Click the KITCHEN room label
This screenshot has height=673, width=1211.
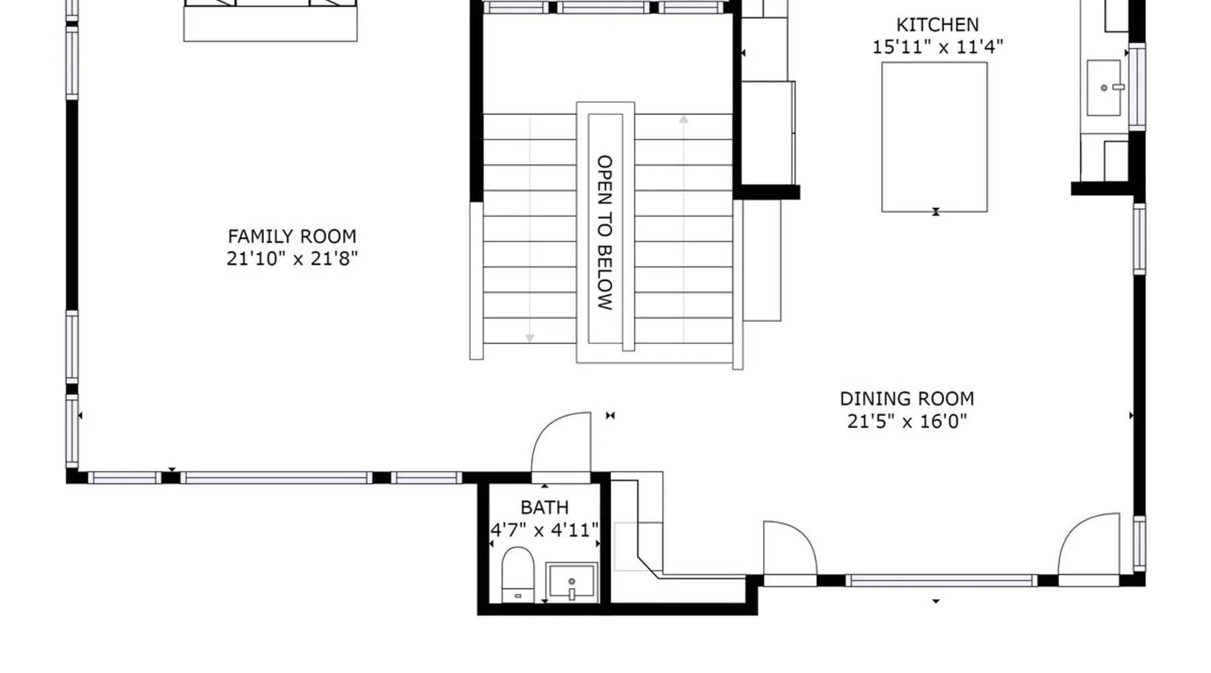[x=937, y=25]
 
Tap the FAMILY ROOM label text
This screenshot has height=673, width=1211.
[x=292, y=237]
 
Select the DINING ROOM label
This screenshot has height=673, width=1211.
[x=907, y=399]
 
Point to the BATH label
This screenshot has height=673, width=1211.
[x=544, y=507]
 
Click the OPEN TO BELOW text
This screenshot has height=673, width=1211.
[x=605, y=232]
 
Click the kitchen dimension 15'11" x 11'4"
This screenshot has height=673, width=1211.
[x=938, y=47]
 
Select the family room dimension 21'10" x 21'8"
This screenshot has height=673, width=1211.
[x=292, y=258]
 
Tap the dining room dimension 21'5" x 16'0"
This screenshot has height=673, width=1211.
[x=907, y=421]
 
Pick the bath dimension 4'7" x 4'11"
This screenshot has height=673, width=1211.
[x=544, y=530]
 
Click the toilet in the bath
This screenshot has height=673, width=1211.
[x=518, y=574]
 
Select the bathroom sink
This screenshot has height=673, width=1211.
[x=571, y=581]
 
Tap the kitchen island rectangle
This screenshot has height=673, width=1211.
[x=934, y=137]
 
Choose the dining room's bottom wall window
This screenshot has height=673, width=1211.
[x=941, y=580]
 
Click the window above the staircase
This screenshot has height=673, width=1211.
[x=603, y=7]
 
